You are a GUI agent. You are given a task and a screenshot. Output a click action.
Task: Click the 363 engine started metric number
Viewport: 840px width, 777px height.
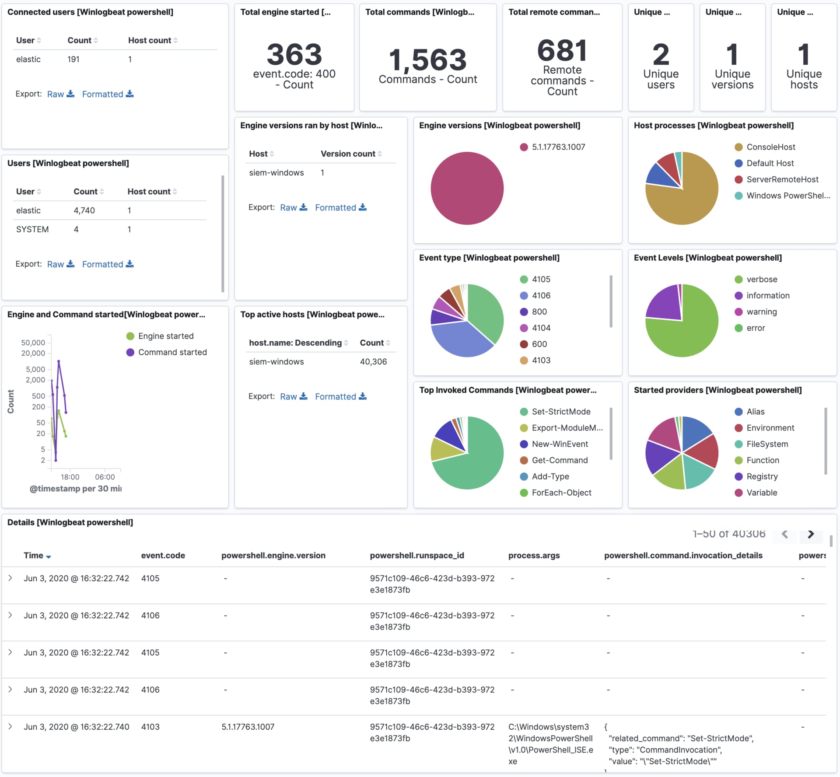[294, 55]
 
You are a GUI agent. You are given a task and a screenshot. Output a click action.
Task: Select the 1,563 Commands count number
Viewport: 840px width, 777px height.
[427, 60]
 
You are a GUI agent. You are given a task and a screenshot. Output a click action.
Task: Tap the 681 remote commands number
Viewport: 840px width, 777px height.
[562, 50]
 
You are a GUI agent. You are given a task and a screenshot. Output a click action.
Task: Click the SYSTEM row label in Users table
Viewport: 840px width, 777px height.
[32, 229]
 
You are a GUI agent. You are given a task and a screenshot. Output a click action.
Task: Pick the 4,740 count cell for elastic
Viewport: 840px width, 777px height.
[84, 210]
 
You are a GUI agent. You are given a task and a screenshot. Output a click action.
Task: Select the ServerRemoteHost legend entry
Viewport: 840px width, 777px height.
[782, 179]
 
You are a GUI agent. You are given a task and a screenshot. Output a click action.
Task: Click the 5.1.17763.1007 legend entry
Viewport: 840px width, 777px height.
[558, 147]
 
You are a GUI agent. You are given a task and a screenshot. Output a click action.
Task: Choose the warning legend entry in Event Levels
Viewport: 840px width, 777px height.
[761, 311]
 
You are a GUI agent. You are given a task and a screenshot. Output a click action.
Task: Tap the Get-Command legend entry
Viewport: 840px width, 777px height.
[559, 460]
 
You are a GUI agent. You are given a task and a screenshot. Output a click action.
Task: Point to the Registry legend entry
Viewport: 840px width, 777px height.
[762, 476]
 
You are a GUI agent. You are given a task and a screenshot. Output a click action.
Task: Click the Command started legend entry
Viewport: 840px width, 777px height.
[172, 352]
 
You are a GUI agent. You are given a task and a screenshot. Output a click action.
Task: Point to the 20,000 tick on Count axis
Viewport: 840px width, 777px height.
[33, 353]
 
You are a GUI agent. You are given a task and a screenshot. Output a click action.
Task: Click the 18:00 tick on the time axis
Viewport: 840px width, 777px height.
[70, 477]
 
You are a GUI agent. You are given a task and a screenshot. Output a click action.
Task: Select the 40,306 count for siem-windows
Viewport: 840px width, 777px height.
[373, 362]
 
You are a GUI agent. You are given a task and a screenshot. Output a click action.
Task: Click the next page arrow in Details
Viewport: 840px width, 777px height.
[810, 534]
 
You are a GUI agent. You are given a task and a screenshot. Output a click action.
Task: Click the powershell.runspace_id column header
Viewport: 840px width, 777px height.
[416, 555]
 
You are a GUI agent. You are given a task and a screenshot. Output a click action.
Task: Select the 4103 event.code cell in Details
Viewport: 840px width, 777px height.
[150, 727]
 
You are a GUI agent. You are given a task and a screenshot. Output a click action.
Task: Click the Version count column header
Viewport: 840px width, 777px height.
[348, 154]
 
